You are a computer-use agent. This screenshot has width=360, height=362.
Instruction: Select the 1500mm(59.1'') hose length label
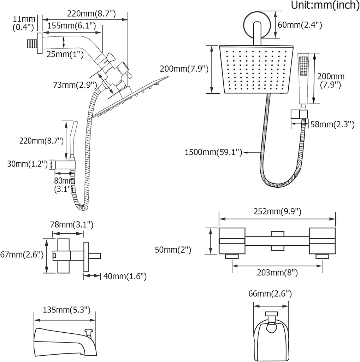[x=213, y=152]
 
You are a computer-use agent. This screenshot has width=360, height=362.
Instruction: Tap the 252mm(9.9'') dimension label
[x=277, y=212]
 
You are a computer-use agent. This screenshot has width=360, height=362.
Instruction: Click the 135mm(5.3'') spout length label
[x=64, y=310]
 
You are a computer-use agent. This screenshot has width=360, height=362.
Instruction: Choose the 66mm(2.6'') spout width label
[x=271, y=293]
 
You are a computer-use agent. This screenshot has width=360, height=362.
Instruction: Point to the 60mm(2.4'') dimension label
[x=300, y=25]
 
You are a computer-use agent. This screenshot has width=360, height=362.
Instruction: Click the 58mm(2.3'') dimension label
[x=331, y=124]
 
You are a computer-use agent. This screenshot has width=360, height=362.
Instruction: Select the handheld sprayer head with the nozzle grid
[x=303, y=66]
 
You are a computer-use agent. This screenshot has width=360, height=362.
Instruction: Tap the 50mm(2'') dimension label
[x=173, y=250]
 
